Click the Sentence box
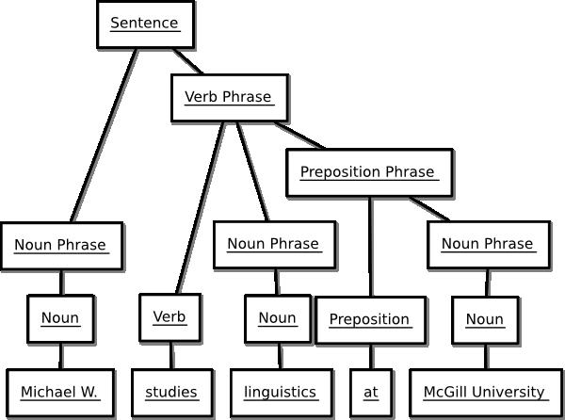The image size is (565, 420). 145,24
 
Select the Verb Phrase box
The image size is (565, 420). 229,97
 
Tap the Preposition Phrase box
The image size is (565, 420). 367,172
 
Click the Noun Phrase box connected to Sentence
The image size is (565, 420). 61,246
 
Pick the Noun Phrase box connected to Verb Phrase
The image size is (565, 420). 273,244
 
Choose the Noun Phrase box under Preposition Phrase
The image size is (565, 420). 488,244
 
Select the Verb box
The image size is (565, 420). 169,317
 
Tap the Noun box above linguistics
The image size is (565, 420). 277,318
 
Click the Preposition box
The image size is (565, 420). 369,319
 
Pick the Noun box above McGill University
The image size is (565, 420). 485,319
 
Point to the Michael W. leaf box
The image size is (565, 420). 60,392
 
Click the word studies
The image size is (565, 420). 171,392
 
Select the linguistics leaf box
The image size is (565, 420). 281,392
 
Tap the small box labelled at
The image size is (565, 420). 371,392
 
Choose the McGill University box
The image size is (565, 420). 484,392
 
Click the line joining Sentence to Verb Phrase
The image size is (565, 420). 187,62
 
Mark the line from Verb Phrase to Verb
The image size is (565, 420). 199,207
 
